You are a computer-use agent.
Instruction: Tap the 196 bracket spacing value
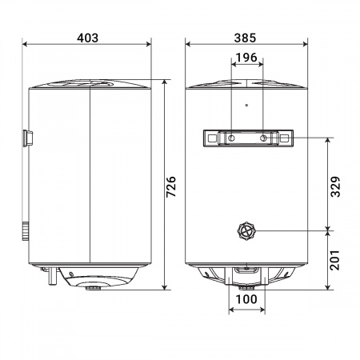tap(246, 58)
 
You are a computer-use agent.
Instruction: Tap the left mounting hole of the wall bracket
tap(231, 139)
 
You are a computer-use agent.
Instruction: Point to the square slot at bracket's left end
tap(210, 139)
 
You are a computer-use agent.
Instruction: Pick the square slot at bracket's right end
tap(283, 139)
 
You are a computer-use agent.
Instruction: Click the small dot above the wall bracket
tap(246, 105)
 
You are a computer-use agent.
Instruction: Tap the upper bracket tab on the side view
tap(28, 139)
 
